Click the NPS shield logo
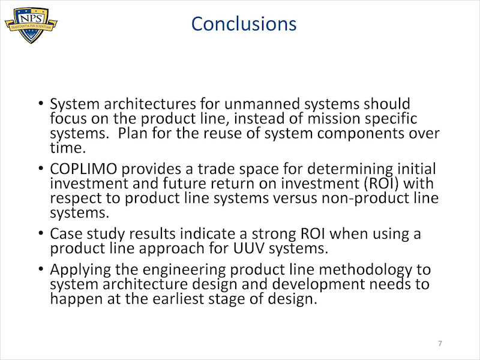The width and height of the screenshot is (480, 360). pos(31,25)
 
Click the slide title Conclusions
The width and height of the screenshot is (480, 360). pos(244,24)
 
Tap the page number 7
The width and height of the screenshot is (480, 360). pos(440,343)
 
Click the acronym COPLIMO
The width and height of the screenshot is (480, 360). pos(83,169)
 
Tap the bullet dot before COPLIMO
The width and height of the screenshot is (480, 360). pos(41,168)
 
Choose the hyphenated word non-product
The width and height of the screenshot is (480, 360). pos(359,199)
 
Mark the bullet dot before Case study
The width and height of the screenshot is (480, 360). pos(41,233)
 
